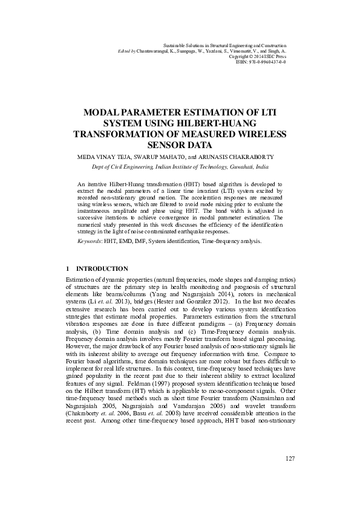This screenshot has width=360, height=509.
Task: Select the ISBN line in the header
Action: click(261, 62)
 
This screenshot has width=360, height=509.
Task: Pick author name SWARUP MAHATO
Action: click(157, 156)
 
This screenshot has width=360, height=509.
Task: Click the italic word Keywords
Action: click(90, 241)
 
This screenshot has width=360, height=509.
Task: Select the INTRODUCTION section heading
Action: click(102, 268)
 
